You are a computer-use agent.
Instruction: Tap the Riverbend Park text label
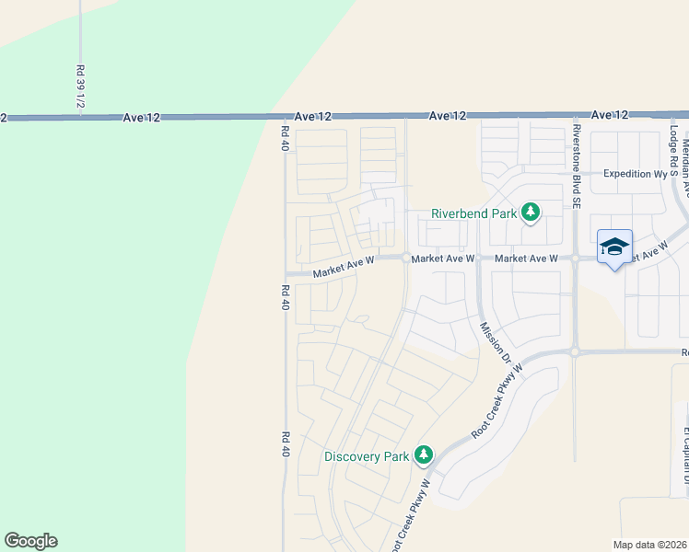coord(474,214)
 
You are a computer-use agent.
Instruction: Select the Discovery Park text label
coord(366,456)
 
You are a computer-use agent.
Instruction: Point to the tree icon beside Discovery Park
coord(424,454)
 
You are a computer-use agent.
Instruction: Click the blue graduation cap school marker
coord(614,247)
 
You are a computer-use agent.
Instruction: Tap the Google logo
coord(30,541)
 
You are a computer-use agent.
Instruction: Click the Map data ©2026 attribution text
coord(650,545)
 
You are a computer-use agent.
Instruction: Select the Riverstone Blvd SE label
coord(577,167)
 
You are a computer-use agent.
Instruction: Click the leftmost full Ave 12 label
coord(142,118)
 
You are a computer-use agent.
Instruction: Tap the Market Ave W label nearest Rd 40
coord(343,268)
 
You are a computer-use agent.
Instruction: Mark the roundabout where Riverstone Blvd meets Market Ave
coord(575,259)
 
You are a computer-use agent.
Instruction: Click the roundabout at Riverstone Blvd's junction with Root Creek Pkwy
coord(575,351)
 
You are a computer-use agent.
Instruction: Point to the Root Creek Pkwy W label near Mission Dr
coord(497,400)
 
